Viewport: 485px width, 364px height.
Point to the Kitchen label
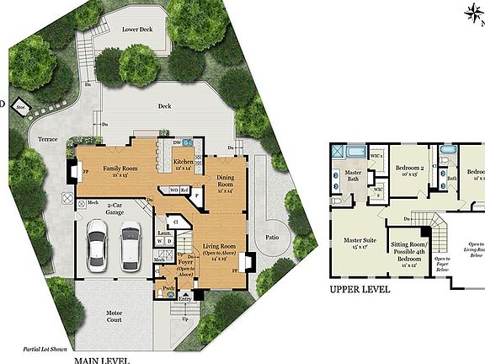click(x=183, y=163)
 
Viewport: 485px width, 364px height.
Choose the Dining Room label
click(x=226, y=181)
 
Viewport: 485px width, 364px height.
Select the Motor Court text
click(x=115, y=316)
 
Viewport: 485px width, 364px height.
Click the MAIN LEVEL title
click(x=102, y=359)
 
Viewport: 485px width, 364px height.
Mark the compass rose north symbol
click(x=472, y=11)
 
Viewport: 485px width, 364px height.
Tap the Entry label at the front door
click(x=185, y=296)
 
